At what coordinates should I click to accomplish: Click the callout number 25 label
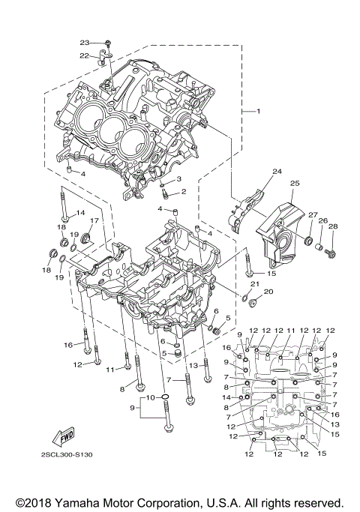click(295, 184)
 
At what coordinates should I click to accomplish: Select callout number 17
click(95, 220)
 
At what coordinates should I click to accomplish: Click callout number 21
click(255, 284)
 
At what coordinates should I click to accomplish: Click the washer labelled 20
click(253, 303)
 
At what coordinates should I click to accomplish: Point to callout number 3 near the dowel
click(178, 179)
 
